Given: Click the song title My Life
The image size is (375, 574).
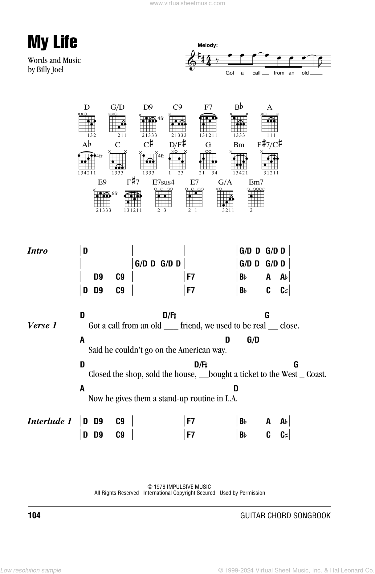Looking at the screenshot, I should (x=52, y=42).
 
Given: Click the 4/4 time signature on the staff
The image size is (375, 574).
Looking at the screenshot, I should (x=200, y=60).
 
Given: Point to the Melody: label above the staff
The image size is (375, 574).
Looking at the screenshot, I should (x=208, y=45).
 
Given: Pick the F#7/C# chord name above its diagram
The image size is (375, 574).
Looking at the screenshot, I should (x=270, y=144).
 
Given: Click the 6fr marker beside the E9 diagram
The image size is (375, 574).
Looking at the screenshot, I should (x=115, y=193).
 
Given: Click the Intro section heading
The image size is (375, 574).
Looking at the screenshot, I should (x=38, y=251).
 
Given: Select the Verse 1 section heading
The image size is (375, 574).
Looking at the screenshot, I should (x=42, y=325).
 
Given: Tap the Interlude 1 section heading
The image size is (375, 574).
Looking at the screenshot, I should (x=50, y=421).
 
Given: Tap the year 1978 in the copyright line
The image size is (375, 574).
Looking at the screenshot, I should (x=160, y=487).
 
